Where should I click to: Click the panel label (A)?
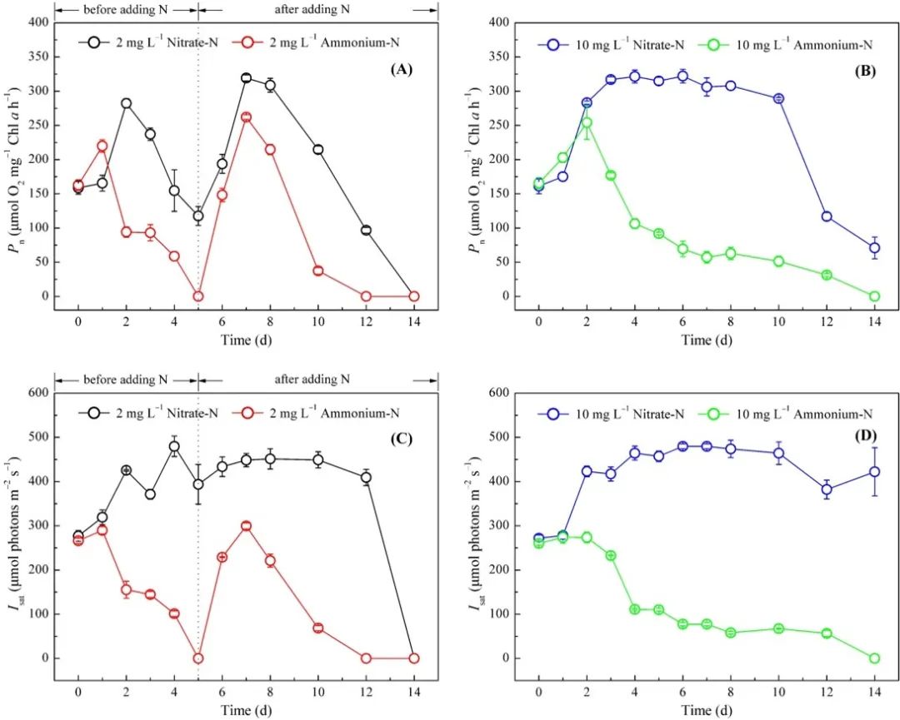pos(402,71)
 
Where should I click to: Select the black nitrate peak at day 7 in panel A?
pos(246,78)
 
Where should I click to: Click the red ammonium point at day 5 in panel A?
pos(198,296)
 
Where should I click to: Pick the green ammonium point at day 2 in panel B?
pos(587,123)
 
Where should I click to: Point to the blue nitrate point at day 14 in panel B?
pos(874,247)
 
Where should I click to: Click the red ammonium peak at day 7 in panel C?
pos(246,526)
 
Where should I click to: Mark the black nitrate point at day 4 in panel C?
pos(174,446)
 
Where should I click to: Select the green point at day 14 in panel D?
pos(874,658)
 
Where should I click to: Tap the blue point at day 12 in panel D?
pos(827,489)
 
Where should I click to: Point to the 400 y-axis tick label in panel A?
pos(36,23)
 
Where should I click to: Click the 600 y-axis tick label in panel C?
pos(36,393)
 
